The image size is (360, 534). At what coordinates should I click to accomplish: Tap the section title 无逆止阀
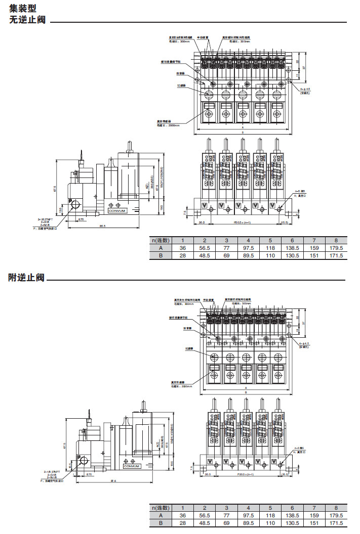pyautogui.click(x=28, y=20)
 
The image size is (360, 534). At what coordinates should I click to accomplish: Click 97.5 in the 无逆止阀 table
pyautogui.click(x=249, y=248)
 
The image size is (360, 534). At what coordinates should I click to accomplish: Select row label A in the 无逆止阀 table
pyautogui.click(x=161, y=248)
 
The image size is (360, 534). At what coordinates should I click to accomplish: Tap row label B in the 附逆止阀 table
pyautogui.click(x=161, y=523)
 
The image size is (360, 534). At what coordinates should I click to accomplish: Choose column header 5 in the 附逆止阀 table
pyautogui.click(x=270, y=508)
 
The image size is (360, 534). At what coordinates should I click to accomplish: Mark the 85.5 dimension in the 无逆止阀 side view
pyautogui.click(x=102, y=226)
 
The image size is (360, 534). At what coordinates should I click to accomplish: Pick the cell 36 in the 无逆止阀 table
pyautogui.click(x=183, y=248)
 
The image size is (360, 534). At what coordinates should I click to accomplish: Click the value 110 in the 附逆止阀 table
pyautogui.click(x=270, y=523)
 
